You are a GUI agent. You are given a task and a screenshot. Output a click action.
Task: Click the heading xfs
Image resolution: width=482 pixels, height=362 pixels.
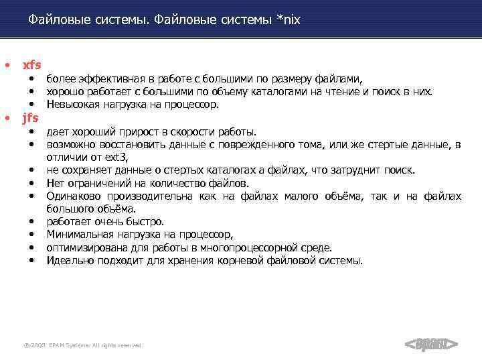tap(32, 65)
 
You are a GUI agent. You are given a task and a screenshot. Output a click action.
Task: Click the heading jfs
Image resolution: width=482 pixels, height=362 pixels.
tap(31, 118)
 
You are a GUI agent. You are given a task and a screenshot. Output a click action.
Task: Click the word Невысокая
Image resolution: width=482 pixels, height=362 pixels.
tap(71, 105)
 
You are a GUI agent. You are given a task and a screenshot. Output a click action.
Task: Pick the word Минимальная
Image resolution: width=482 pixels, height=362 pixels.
tap(77, 235)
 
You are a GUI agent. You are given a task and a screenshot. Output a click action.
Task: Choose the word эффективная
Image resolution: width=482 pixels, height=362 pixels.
tap(105, 79)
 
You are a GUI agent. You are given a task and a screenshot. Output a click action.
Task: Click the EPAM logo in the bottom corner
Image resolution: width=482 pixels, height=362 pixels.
tap(431, 345)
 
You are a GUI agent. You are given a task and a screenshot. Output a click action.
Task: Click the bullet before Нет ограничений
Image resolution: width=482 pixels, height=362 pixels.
tap(31, 183)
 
